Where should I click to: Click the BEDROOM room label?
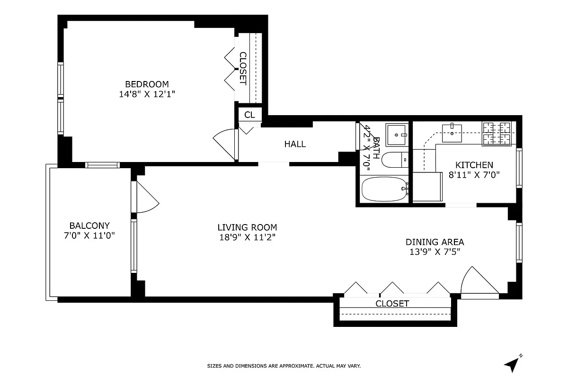coord(144,84)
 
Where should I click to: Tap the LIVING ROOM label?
coord(247,227)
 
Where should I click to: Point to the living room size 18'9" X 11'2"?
coord(247,237)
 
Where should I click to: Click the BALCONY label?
coord(89,226)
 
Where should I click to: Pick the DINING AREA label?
coord(435,242)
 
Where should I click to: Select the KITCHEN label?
coord(474,165)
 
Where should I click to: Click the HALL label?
coord(295,144)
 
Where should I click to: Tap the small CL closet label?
coord(249,115)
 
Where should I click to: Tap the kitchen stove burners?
coord(497,133)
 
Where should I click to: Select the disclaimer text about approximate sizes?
coord(284,366)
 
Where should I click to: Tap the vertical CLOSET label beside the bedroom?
coord(242,68)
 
